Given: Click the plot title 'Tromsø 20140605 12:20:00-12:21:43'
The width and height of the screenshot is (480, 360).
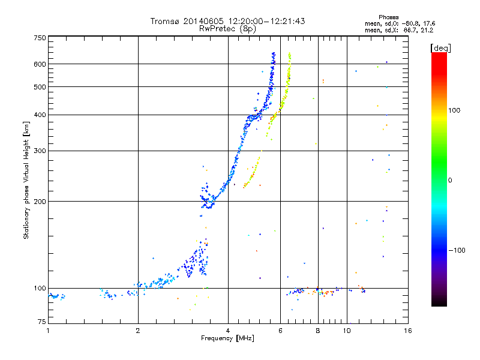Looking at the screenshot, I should tap(227, 21).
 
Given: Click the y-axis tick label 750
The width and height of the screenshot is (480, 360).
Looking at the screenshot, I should tap(40, 38).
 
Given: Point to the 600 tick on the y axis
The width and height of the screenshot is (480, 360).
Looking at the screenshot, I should tap(40, 64).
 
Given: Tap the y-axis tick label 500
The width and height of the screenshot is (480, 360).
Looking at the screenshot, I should tap(40, 87).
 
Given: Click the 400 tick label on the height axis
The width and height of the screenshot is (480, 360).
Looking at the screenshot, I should tap(40, 115).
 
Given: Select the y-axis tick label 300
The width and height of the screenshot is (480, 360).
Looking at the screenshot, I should tap(40, 151).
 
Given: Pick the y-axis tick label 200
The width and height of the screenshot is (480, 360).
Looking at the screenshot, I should tap(40, 202).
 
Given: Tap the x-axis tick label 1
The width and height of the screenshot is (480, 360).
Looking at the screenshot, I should tap(49, 331).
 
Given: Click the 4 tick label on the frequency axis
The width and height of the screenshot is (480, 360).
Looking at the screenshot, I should tap(228, 331).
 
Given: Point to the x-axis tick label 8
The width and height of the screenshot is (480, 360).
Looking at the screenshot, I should tap(317, 331).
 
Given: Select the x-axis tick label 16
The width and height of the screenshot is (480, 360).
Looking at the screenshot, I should tap(407, 331).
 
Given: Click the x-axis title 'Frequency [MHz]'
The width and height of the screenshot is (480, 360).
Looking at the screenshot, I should tap(227, 338).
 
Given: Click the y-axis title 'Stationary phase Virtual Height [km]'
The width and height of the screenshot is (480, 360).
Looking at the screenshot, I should tap(26, 180).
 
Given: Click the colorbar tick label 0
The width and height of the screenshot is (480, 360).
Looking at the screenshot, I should tap(451, 180).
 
